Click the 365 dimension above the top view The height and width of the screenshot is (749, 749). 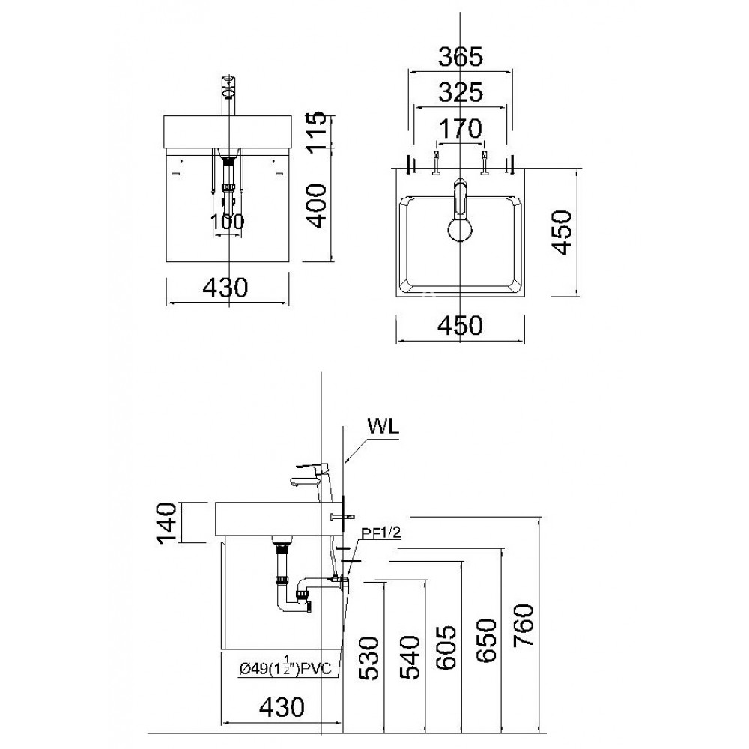460,56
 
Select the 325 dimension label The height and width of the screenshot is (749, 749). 460,93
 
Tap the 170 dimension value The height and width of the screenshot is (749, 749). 460,130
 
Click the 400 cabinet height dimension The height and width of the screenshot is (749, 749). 318,205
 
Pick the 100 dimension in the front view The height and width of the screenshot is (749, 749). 228,222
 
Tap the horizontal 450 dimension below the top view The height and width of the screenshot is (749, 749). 460,325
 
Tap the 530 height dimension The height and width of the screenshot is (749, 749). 369,657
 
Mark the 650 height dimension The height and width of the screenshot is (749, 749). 486,641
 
